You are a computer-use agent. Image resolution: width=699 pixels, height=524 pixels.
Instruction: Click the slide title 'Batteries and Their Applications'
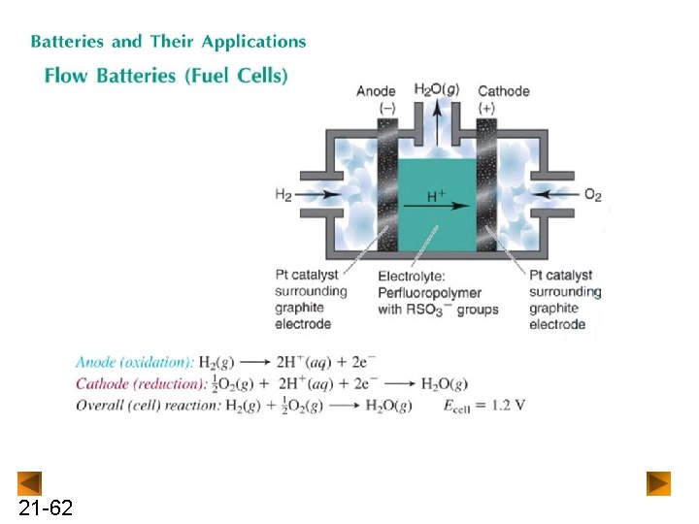tap(168, 42)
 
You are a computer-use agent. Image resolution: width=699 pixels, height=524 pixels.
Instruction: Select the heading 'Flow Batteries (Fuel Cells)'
tap(166, 75)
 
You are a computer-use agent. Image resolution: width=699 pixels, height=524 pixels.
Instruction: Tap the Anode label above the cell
tap(376, 91)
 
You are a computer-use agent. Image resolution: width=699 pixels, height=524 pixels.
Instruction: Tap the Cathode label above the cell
tap(504, 91)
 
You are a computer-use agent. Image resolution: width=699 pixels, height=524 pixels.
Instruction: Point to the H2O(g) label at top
tap(437, 89)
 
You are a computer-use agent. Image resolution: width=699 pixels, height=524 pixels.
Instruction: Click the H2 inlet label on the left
tap(283, 194)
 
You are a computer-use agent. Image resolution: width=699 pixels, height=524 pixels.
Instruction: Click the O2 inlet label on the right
tap(593, 194)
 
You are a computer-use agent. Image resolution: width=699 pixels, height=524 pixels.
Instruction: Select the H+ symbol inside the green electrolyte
tap(437, 196)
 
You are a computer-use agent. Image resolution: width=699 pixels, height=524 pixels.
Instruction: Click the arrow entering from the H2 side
tap(324, 194)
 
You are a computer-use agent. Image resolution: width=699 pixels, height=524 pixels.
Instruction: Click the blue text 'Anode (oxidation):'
tap(134, 362)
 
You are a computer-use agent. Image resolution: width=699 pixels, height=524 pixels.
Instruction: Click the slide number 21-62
tap(45, 508)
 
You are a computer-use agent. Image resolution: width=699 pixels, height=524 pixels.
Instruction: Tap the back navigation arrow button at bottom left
tap(30, 483)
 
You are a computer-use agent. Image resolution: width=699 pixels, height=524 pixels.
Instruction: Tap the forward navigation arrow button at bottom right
tap(659, 483)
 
